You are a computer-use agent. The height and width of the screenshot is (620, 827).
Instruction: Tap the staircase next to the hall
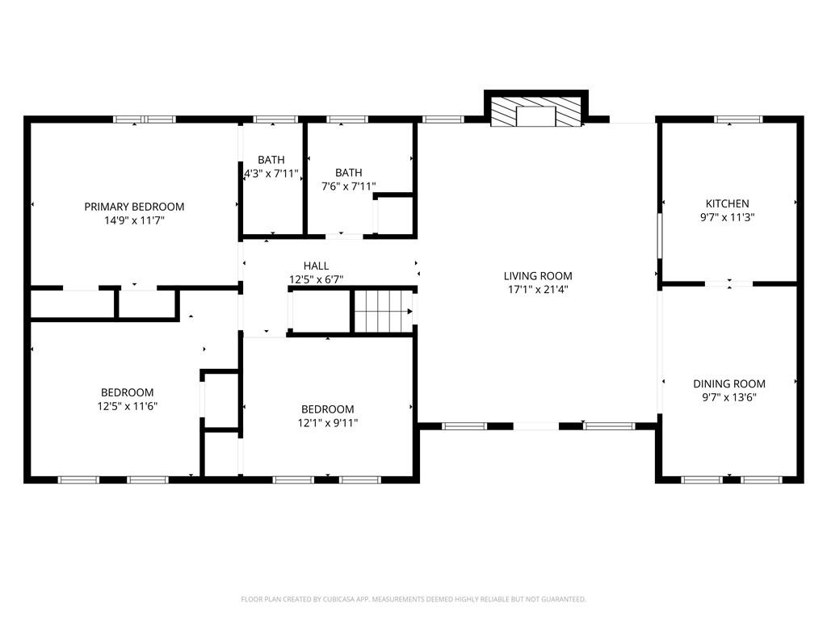[384, 312]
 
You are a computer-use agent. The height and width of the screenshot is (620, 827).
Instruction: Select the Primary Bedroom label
[134, 207]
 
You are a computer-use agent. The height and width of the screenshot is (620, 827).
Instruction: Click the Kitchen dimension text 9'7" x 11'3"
[727, 217]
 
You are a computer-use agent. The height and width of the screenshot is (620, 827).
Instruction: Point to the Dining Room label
[728, 383]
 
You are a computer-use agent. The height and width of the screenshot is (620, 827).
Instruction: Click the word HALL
[316, 266]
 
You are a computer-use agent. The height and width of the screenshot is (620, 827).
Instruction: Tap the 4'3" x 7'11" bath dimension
[271, 173]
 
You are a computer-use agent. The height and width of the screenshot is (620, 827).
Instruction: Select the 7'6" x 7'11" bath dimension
[348, 186]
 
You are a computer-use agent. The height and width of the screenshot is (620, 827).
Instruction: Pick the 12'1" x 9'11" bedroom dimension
[327, 422]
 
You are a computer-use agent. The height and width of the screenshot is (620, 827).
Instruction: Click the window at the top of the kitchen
[737, 119]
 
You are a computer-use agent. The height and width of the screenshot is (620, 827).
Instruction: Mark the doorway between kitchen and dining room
[729, 283]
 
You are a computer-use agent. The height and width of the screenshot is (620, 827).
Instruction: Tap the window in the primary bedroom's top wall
[145, 119]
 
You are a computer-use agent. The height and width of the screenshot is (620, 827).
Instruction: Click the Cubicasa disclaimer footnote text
[413, 599]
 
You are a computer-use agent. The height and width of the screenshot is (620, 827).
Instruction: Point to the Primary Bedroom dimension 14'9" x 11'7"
[134, 220]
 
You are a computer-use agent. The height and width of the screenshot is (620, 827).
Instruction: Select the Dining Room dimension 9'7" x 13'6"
[728, 397]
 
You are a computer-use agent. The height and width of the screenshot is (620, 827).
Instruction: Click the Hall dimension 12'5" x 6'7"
[316, 279]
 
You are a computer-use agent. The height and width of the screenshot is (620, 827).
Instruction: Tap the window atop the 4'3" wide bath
[271, 120]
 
